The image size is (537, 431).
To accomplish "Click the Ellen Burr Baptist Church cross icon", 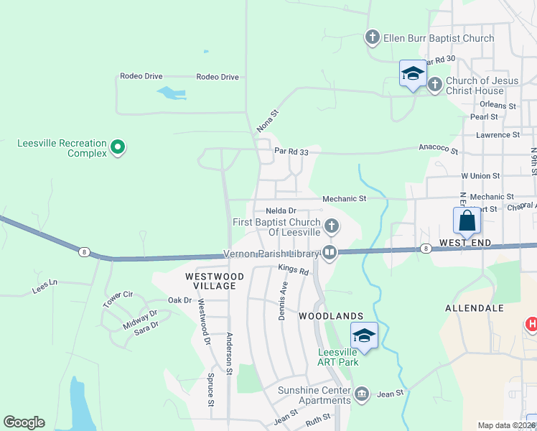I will tap(372, 37).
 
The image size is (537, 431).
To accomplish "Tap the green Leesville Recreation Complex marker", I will tap(118, 149).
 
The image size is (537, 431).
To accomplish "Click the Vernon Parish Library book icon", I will tap(330, 251).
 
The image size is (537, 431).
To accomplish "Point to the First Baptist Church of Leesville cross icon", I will tap(331, 227).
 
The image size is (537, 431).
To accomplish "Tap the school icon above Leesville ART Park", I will tap(364, 335).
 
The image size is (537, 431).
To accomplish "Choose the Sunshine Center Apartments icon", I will tap(361, 394).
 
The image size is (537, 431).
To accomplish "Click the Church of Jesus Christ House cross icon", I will tap(435, 85).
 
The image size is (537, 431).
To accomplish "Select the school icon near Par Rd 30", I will tap(413, 73).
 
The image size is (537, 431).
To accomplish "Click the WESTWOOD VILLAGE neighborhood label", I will tap(210, 280).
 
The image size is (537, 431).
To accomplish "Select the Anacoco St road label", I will tap(439, 149).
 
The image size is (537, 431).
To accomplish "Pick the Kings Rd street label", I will tap(293, 271).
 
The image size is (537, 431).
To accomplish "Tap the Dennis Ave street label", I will tap(283, 300).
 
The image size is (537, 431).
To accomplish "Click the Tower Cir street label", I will tap(118, 300).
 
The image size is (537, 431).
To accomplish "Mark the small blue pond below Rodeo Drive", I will tap(171, 93).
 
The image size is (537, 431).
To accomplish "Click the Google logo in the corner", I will tap(24, 422).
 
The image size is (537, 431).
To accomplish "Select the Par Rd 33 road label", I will tap(291, 151).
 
